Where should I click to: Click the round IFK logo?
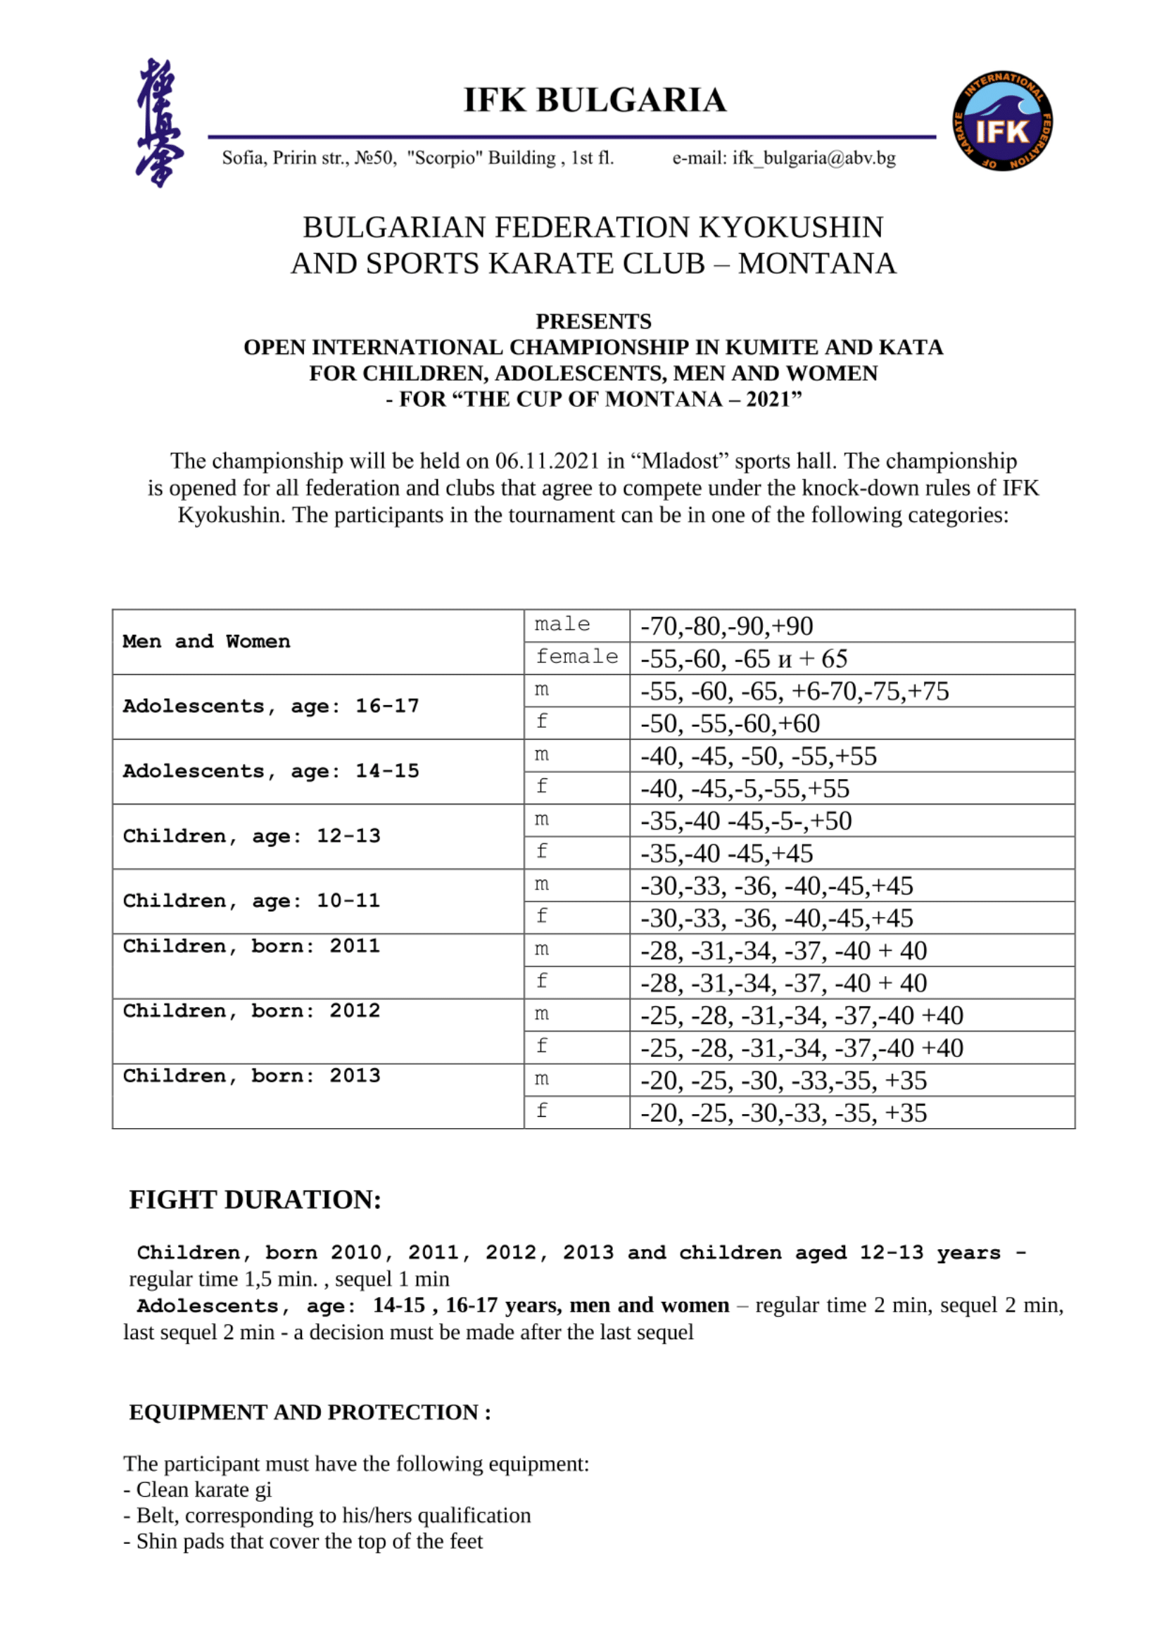1002,121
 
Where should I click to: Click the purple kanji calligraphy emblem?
158,122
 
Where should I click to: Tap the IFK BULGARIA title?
594,100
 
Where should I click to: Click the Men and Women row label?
206,642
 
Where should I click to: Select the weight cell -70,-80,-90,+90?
726,626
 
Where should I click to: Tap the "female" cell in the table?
576,657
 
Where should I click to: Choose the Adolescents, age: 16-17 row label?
271,706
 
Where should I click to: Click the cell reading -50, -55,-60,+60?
730,723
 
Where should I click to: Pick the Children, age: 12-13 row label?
251,836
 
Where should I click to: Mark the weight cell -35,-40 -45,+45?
726,853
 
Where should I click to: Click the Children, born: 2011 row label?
251,947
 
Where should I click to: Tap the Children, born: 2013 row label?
251,1076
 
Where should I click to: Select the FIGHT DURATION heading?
255,1200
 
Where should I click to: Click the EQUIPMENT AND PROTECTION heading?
310,1412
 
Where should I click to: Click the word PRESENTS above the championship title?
593,321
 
